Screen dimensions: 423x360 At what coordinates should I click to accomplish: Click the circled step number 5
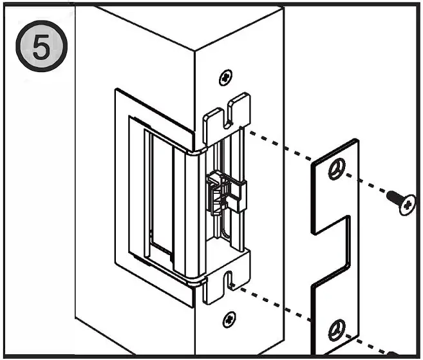point(41,49)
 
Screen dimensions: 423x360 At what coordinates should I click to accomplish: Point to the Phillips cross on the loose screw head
point(407,205)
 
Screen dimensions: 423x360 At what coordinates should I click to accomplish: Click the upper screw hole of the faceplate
point(335,170)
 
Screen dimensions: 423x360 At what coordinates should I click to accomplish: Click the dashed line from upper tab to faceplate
point(283,149)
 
